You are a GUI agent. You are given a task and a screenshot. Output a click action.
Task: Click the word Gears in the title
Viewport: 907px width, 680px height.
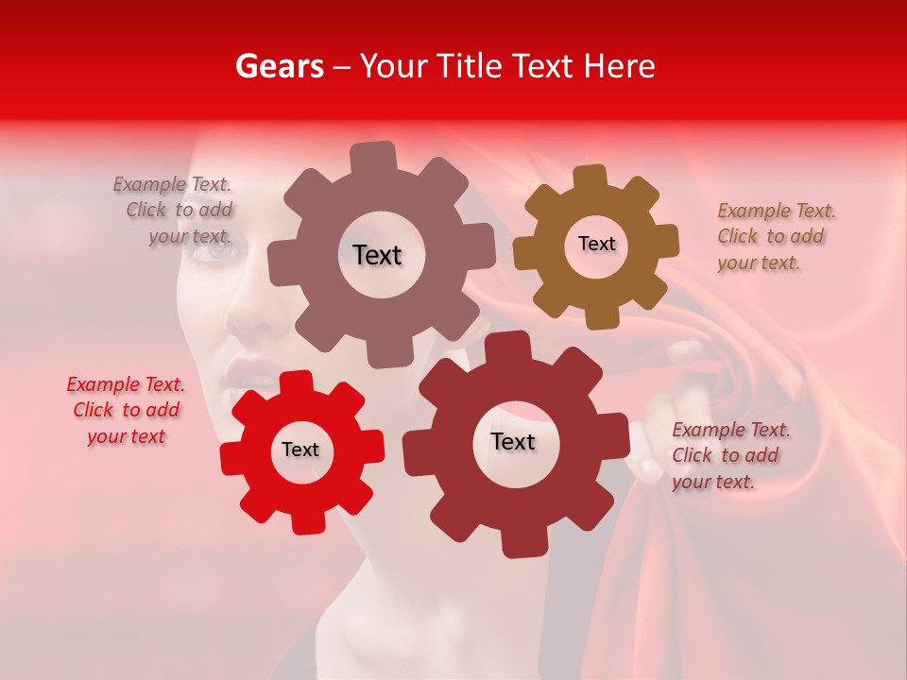[x=279, y=66]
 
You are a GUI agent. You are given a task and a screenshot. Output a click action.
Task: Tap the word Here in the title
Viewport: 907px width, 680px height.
[x=620, y=66]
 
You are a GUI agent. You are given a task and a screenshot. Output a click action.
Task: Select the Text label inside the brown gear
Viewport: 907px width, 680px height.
[x=596, y=244]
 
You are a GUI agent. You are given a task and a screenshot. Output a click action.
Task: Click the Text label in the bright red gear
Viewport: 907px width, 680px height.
[x=300, y=450]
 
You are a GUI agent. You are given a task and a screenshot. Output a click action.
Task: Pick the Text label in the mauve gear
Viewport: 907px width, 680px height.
[x=377, y=255]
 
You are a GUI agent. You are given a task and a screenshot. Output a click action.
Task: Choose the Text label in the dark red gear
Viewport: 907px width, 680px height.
[x=513, y=441]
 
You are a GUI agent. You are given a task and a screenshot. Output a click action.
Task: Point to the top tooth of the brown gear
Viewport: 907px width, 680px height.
[x=590, y=178]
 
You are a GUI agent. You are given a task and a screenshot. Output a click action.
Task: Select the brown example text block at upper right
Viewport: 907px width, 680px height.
[x=776, y=236]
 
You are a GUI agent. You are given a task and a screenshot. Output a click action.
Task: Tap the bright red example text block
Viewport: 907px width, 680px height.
[x=126, y=410]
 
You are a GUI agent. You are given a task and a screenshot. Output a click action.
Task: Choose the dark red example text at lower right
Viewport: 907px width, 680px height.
[x=730, y=455]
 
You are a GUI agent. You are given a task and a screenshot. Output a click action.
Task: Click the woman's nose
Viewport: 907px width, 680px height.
[x=248, y=316]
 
